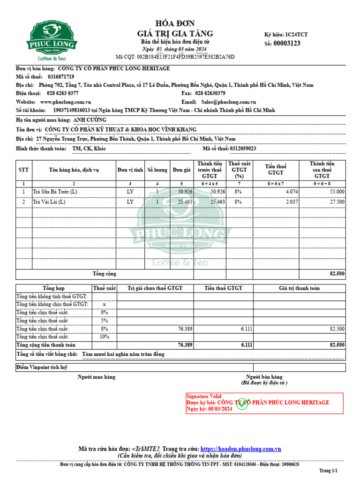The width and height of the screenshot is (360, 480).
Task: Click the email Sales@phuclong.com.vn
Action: (x=228, y=102)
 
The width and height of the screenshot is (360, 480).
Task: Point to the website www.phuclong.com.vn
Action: (x=66, y=102)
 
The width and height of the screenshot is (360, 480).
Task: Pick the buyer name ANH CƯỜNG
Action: (x=90, y=120)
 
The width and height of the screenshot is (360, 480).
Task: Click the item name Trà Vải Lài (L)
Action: (x=49, y=202)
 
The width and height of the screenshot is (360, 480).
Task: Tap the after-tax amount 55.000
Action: (x=337, y=192)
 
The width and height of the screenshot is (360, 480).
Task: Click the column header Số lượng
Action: (x=157, y=170)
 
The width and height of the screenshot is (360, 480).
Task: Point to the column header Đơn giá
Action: (x=181, y=170)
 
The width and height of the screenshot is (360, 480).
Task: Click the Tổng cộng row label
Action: (x=104, y=274)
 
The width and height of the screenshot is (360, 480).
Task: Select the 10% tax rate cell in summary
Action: (x=104, y=337)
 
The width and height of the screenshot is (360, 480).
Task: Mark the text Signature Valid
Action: (x=204, y=396)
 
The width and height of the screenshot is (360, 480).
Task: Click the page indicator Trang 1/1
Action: (x=328, y=470)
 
